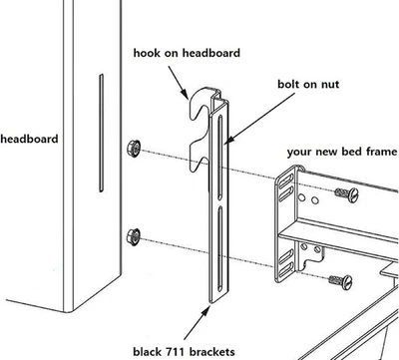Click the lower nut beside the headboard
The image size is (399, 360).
[133, 236]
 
